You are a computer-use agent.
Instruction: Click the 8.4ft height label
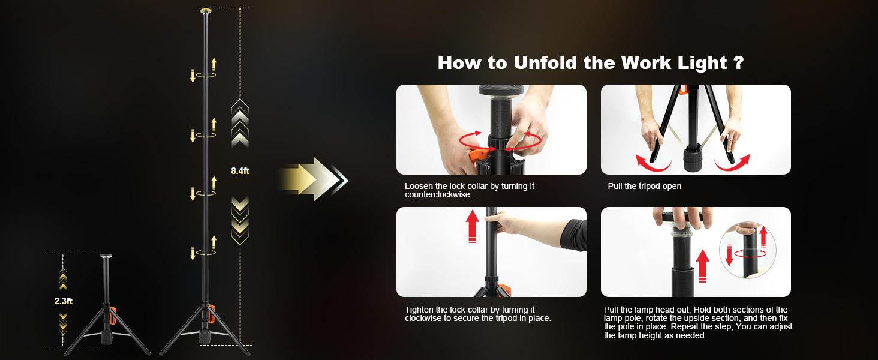240,171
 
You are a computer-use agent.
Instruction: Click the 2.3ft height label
63,301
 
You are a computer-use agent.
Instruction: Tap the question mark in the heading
738,63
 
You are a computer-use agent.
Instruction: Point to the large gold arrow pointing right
306,179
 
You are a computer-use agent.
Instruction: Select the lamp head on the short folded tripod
106,257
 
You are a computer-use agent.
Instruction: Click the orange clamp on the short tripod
112,316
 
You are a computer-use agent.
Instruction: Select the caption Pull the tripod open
645,187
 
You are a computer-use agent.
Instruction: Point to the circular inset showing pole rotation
747,251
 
